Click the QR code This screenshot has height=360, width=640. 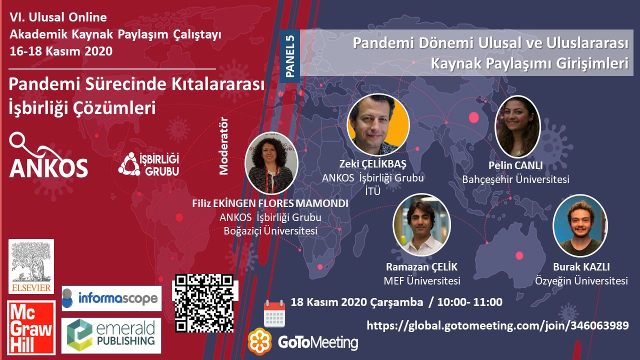coord(204,303)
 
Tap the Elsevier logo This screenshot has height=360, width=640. coord(31,266)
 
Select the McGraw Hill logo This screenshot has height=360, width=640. coord(31,327)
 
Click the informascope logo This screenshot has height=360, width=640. coord(111,298)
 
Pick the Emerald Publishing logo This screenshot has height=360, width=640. coord(111,335)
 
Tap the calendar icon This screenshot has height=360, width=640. coord(274,313)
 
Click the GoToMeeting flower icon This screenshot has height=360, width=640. coord(259,341)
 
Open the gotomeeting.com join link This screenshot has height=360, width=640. coord(497,325)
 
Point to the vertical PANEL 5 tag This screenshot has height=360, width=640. coord(289,56)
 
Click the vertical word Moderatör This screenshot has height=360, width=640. coord(223,145)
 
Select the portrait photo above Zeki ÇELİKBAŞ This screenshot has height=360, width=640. coord(378,124)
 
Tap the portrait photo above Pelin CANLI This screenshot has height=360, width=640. coord(517,126)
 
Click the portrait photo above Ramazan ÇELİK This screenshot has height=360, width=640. coord(421,225)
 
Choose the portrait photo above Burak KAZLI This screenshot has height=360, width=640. coord(580,225)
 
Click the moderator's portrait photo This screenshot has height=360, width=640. coord(271,163)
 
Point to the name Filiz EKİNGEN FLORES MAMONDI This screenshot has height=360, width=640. coord(270,203)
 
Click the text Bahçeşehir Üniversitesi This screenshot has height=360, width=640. coord(515,179)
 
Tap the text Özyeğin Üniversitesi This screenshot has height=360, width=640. coord(581,281)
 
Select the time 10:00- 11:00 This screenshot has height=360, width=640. coord(469,302)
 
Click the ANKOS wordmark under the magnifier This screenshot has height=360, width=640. coord(48,167)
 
